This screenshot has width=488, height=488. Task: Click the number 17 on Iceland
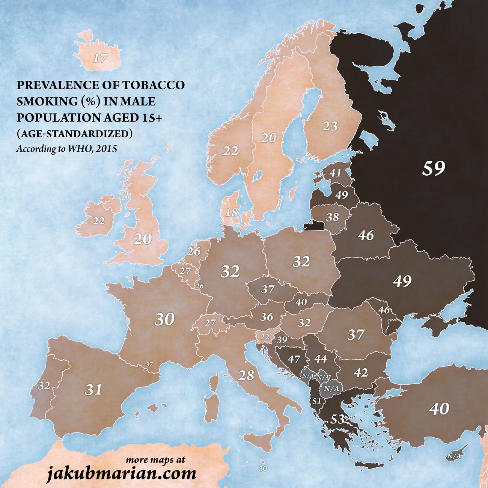tap(100, 59)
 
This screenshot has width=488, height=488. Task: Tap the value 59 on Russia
tap(434, 168)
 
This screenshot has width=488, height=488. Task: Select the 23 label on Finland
tap(330, 126)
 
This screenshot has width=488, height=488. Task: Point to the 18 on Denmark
tap(232, 212)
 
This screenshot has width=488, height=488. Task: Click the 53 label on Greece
tap(337, 419)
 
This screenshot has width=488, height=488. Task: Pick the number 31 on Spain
tap(93, 390)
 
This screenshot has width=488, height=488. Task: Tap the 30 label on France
tap(164, 319)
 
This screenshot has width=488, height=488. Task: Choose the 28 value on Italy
tap(246, 375)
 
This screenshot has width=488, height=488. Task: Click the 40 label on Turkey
tap(439, 409)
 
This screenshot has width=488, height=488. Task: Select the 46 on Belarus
tap(366, 235)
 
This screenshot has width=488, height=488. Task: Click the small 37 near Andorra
tap(149, 364)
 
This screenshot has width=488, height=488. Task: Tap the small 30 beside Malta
tap(263, 468)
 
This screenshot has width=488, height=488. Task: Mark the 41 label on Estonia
tap(335, 173)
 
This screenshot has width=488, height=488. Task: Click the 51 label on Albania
tap(317, 401)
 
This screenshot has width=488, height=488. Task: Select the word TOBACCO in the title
tap(153, 85)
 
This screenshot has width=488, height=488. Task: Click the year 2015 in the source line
tap(106, 149)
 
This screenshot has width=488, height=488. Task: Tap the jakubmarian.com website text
tap(121, 473)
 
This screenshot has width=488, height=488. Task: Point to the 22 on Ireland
tap(98, 221)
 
